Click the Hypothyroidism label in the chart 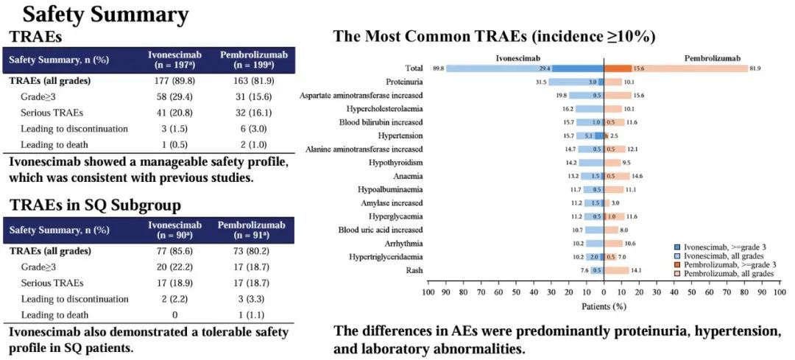click(x=399, y=162)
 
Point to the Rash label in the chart click(x=414, y=270)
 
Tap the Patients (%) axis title click(x=604, y=306)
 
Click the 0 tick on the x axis click(x=604, y=292)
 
